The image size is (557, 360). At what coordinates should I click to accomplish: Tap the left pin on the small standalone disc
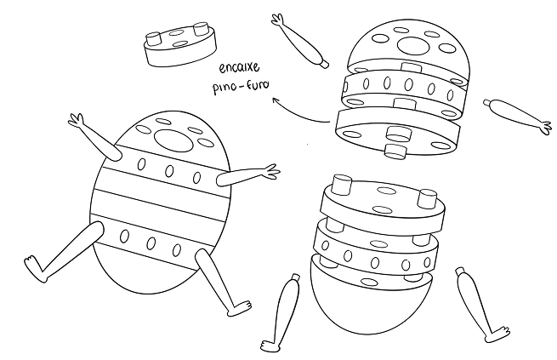pos(154,39)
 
